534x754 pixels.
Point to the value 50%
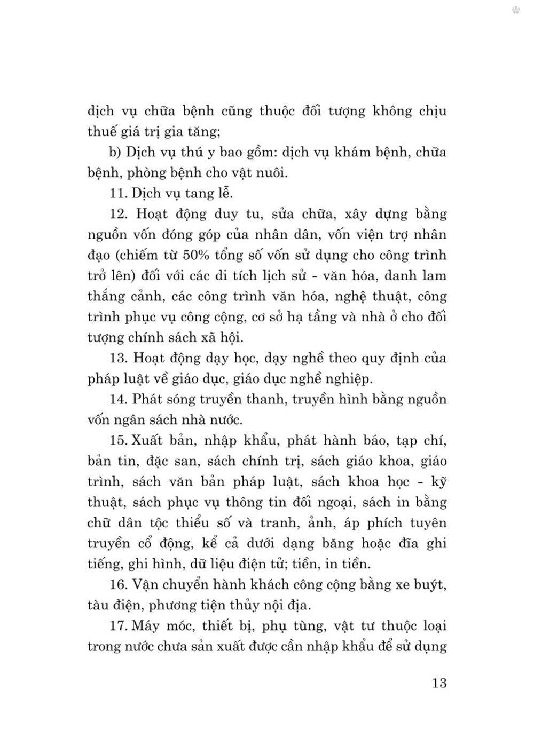pyautogui.click(x=198, y=255)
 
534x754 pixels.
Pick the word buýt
pyautogui.click(x=431, y=584)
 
